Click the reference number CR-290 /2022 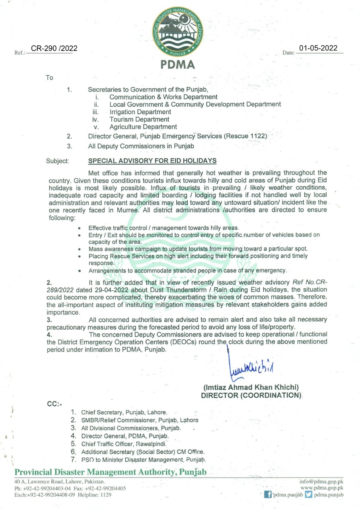[x=51, y=49]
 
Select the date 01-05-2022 [x=318, y=49]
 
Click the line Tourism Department [x=139, y=119]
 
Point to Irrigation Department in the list [x=140, y=112]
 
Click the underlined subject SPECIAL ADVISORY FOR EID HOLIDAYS [x=152, y=161]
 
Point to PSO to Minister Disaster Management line [x=143, y=460]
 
